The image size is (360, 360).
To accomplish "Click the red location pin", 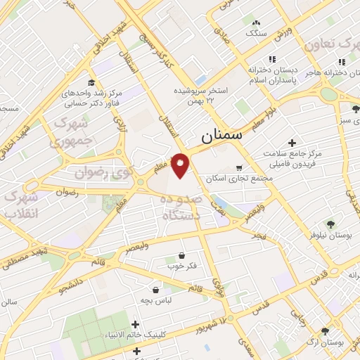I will coord(181,165).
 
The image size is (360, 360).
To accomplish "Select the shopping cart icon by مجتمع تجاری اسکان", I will coord(240,168).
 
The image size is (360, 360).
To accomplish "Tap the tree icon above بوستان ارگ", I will coord(324,331).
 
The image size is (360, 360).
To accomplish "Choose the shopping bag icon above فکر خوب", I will coord(183,255).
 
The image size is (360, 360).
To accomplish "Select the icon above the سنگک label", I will coord(254,23).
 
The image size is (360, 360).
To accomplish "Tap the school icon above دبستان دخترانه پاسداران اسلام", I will coord(273,60).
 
